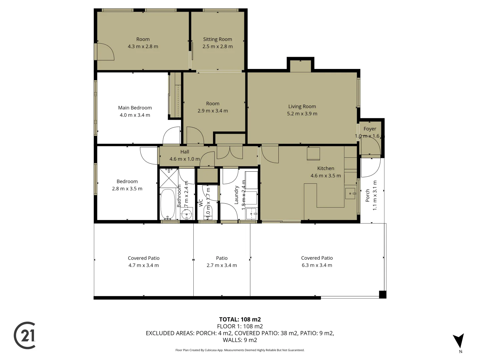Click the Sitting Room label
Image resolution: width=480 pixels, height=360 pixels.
coord(217,39)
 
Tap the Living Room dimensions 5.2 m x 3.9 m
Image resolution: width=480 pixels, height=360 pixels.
coord(302,114)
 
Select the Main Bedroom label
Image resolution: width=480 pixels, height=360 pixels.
coord(135,108)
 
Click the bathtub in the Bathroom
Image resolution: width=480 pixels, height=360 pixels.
coord(168,204)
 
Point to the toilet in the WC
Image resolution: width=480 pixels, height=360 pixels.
coord(208,212)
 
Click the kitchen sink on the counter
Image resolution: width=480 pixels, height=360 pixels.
coord(350,193)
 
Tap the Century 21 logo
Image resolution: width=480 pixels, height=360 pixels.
coord(25,335)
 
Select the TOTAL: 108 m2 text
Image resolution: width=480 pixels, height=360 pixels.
coord(240,319)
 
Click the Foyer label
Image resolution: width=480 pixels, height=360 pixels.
coord(370,129)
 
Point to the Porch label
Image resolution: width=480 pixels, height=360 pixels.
coord(367,196)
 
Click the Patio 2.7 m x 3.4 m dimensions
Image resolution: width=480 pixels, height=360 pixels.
coord(222,265)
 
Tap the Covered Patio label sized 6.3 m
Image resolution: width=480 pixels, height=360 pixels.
coord(317,258)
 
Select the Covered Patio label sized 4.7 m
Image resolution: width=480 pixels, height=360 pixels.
coord(144,258)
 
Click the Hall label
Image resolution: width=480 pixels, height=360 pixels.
coord(185,152)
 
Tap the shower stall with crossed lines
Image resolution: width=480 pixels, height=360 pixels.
coord(169,178)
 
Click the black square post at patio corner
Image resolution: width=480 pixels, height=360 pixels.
coord(383,295)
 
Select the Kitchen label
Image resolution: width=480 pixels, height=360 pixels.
coord(325,168)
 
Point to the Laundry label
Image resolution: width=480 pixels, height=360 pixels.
coord(236,195)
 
